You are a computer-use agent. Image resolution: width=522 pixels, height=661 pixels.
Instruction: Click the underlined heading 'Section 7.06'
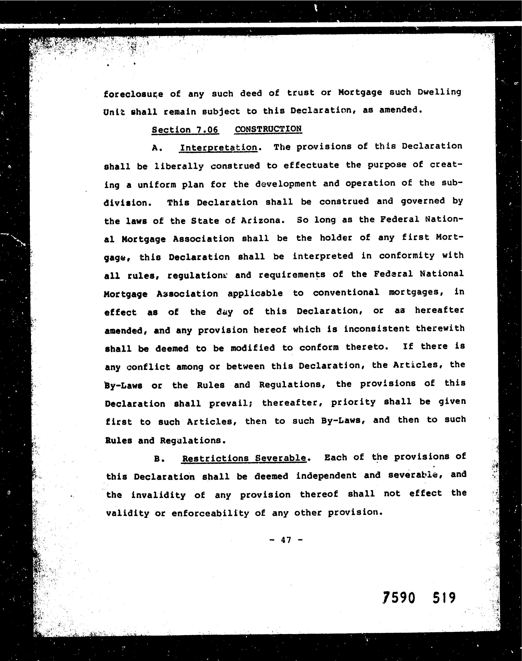185,130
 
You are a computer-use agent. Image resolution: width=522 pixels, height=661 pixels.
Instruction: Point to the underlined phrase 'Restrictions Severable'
244,458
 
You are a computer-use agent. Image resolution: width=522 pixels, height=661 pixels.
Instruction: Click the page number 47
286,540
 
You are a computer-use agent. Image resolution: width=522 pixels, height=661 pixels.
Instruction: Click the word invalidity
158,495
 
